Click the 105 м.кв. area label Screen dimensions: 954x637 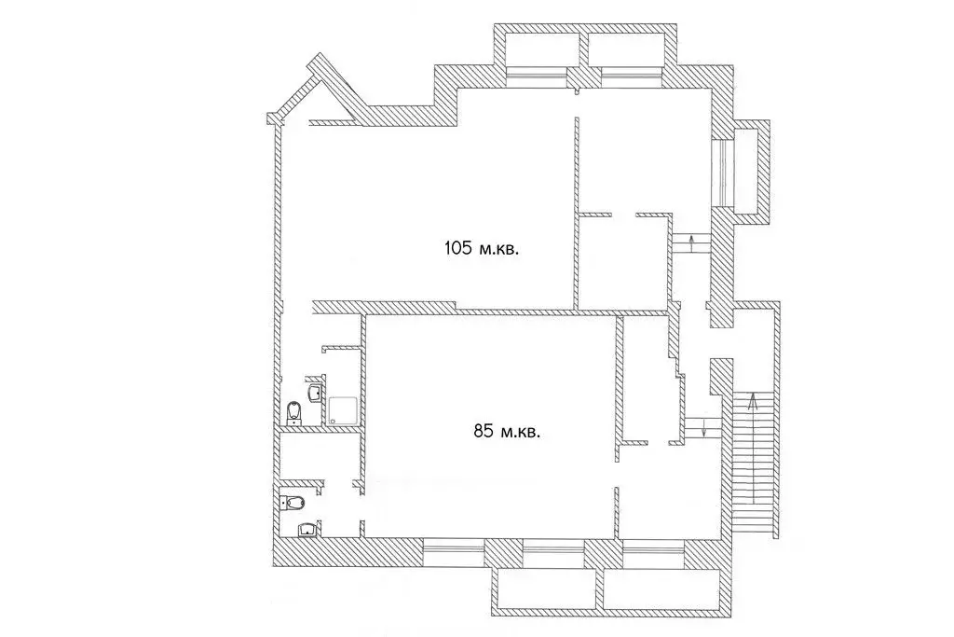482,248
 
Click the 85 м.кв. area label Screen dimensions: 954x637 508,432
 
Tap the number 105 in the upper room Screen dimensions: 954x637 458,248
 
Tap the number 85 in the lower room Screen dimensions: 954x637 483,432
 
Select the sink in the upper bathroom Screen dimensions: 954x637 315,393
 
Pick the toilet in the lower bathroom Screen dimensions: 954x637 293,503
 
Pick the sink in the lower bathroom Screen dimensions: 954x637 307,530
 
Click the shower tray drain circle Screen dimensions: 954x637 333,421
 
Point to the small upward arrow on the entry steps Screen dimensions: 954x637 692,243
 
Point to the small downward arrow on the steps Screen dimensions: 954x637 704,427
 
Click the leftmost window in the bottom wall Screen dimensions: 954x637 454,553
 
